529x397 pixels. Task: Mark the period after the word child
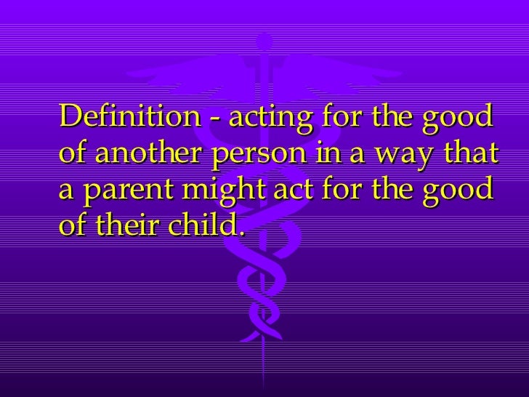[x=239, y=236]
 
